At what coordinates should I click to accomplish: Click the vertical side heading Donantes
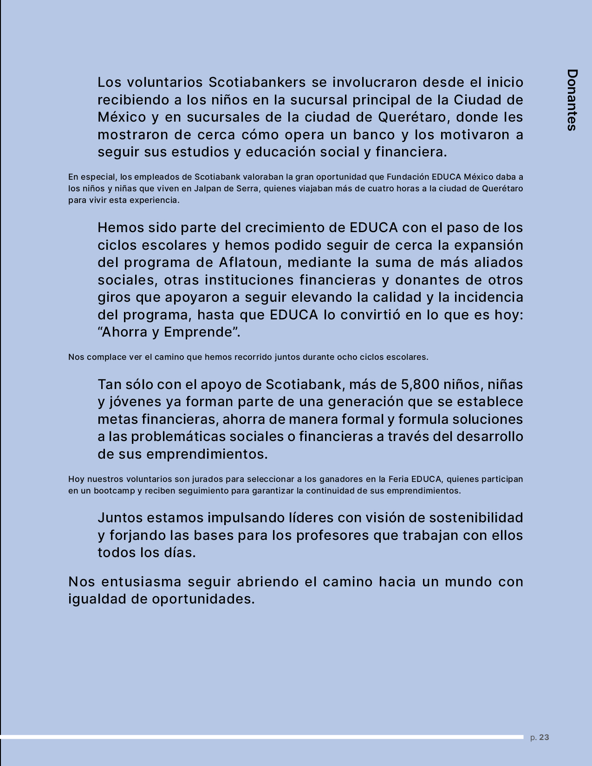click(572, 100)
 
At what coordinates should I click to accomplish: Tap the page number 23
click(544, 737)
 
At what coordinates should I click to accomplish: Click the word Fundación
click(408, 177)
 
